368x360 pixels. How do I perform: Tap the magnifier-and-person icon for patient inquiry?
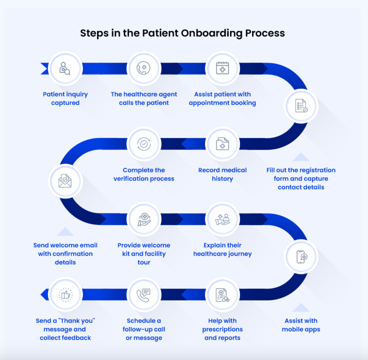65,69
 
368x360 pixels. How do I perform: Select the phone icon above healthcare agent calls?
144,69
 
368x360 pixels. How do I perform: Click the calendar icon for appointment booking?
222,69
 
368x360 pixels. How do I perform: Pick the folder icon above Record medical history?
222,144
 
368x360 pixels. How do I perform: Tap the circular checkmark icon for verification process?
144,144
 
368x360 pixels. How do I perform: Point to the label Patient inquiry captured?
65,98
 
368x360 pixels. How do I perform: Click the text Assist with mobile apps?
301,325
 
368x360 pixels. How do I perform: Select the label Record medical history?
222,174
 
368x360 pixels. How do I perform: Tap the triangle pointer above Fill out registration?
301,157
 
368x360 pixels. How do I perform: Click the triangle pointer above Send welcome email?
65,232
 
